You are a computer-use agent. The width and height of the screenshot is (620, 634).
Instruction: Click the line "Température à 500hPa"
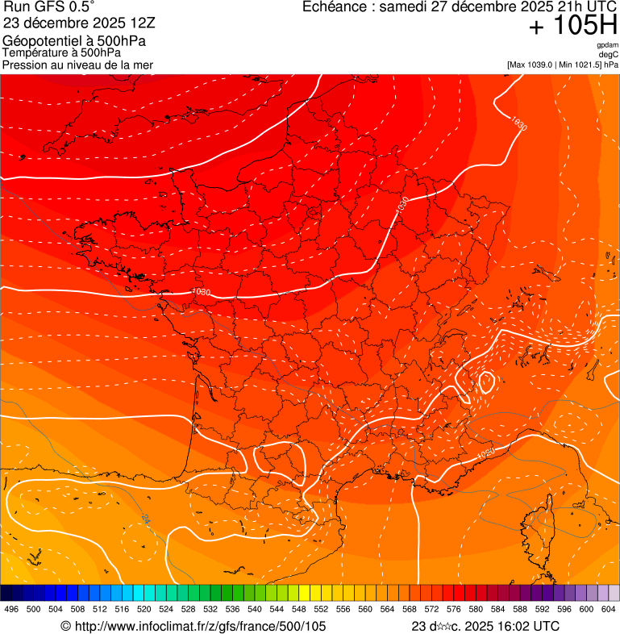pos(62,52)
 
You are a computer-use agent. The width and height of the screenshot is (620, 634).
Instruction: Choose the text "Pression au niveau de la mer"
pos(77,65)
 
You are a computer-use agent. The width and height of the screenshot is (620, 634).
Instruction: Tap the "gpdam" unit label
pos(607,45)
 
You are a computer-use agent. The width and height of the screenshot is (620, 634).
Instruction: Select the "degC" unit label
pos(609,54)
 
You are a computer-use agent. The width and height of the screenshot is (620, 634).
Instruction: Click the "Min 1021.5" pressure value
pos(583,65)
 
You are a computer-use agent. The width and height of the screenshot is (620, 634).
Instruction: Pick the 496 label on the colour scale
pos(11,609)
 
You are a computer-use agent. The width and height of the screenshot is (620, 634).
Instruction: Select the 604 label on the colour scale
pos(608,609)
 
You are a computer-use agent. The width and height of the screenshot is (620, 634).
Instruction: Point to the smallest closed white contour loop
pos(487,381)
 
